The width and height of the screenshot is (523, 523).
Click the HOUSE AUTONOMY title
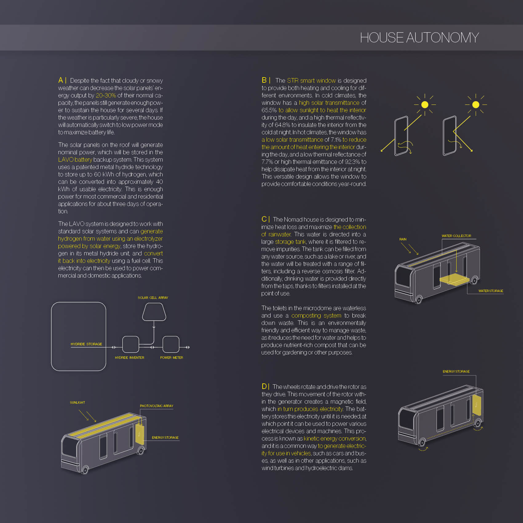coord(419,38)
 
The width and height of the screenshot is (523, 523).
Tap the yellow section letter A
coord(61,80)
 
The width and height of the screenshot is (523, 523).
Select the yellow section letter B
coord(264,80)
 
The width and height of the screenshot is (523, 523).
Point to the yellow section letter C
coord(264,219)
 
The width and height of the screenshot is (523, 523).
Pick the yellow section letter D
coord(264,386)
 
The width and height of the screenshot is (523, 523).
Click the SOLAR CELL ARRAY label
coord(153,298)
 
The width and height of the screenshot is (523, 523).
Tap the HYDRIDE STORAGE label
coord(86,344)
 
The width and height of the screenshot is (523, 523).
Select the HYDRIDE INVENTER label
coord(129,358)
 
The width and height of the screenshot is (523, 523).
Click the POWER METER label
coord(172,358)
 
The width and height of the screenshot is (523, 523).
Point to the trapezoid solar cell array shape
coord(154,312)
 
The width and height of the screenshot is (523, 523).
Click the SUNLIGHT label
coord(77,402)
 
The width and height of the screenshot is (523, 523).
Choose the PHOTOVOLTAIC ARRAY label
coord(157,406)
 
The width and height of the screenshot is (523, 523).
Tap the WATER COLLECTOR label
coord(456,236)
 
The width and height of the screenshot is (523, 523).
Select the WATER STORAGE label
coord(491,291)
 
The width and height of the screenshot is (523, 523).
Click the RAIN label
coord(403,239)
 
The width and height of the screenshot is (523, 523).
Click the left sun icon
coord(425,105)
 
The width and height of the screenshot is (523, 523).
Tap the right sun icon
coord(476,105)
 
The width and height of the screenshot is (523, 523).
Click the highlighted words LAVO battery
coord(75,160)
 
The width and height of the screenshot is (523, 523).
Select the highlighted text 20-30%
coord(106,95)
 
